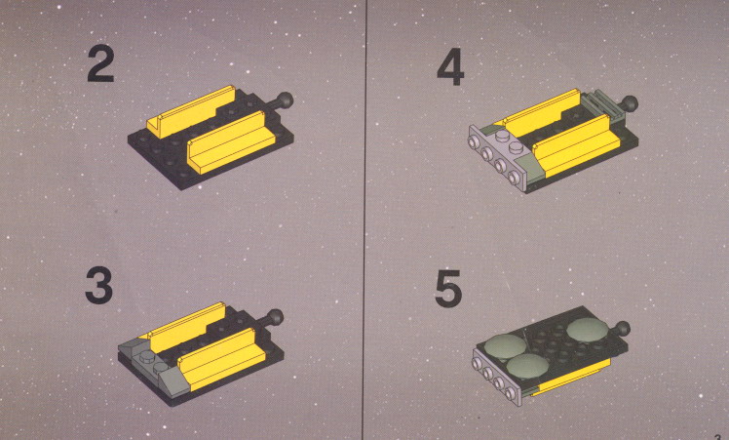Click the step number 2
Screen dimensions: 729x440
(x=100, y=64)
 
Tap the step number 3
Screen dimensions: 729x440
(x=99, y=287)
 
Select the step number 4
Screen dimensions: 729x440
(x=450, y=67)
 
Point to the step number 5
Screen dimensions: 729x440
(x=448, y=289)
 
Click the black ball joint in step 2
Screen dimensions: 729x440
(x=285, y=100)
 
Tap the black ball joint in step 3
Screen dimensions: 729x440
(x=275, y=317)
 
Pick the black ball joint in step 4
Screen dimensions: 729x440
(x=630, y=103)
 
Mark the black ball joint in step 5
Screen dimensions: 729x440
(x=622, y=328)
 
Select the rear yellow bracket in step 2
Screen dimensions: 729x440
(x=191, y=112)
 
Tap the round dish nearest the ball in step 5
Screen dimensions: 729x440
(x=588, y=329)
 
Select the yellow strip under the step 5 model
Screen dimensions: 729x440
(x=572, y=378)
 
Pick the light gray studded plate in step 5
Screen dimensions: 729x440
(x=497, y=377)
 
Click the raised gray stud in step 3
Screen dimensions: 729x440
(x=148, y=357)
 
